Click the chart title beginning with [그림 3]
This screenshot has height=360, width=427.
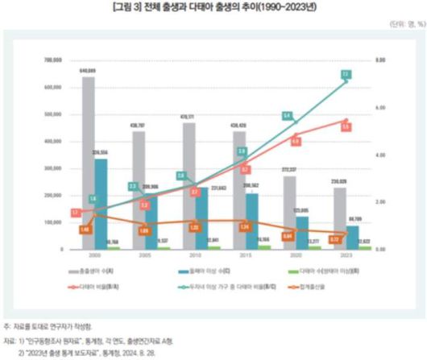[213, 7]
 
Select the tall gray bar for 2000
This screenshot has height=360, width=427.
[88, 161]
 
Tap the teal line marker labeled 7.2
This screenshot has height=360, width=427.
[345, 75]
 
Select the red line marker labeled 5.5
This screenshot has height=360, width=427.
[345, 126]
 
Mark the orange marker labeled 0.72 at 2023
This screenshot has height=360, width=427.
[334, 240]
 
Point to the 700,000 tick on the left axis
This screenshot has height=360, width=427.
[54, 60]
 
